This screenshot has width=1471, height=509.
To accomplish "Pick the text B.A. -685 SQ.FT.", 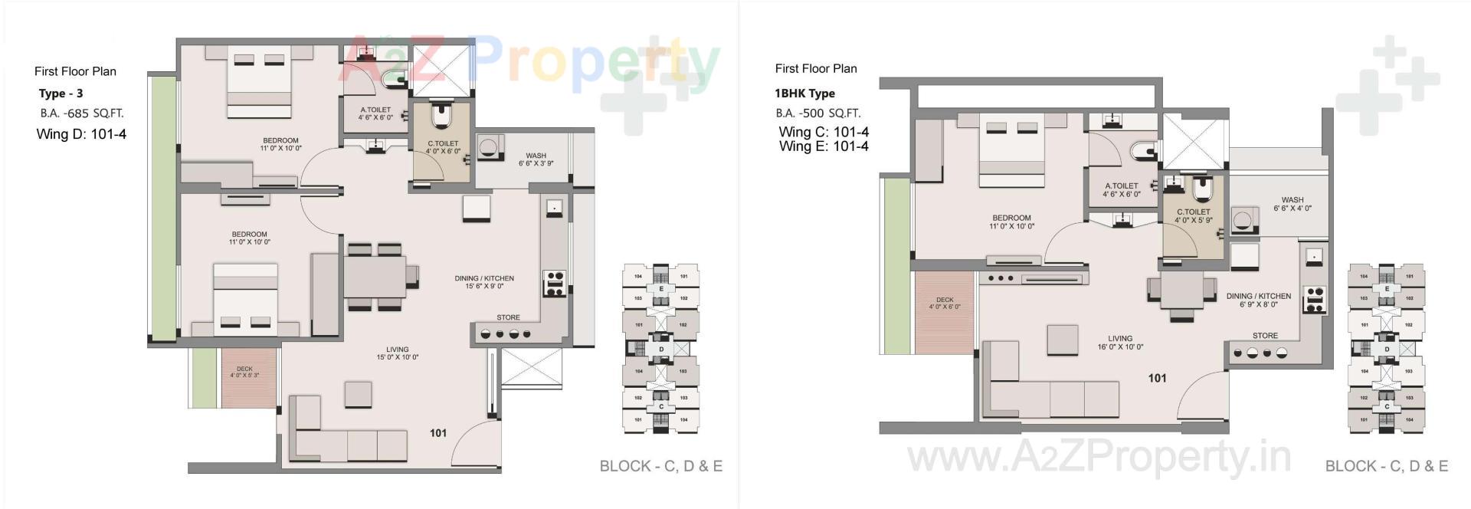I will point(82,113).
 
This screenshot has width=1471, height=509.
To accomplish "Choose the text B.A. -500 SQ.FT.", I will point(817,113).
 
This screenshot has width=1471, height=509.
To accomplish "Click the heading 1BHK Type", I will point(804,94).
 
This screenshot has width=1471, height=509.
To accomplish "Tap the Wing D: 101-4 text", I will point(81,134).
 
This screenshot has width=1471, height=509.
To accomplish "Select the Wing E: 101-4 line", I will point(824,146).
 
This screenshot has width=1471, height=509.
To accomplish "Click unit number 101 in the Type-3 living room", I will point(438,433).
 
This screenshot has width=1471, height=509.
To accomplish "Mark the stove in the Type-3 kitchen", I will point(554,284).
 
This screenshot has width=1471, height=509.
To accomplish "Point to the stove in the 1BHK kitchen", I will point(1315,299).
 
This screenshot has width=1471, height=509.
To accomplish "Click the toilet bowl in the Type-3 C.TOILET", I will point(442,116).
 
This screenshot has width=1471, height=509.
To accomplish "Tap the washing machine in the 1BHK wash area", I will point(1245,220).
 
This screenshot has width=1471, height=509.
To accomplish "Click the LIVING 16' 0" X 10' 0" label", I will point(1120,343).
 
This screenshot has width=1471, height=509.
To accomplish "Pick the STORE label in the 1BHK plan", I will point(1265,336).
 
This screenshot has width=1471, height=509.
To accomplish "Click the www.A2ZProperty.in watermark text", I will point(1099,458).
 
